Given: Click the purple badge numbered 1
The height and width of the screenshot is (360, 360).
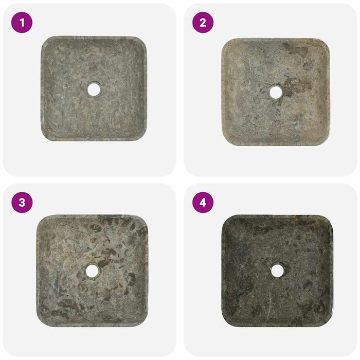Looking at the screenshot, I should coord(22,22).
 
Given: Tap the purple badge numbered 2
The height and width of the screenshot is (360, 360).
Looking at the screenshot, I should coord(203,22).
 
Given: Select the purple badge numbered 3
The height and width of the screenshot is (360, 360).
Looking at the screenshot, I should coord(22,203).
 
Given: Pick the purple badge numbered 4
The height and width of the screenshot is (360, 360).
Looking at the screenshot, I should coord(203,203).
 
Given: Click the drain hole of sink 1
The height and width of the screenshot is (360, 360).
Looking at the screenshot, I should coord(94,89).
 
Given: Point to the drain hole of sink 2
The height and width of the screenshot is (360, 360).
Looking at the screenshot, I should coord(276,92).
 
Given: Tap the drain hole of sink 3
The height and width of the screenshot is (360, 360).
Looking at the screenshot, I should coord(93,271).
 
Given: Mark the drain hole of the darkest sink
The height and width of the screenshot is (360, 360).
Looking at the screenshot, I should coord(277,270).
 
